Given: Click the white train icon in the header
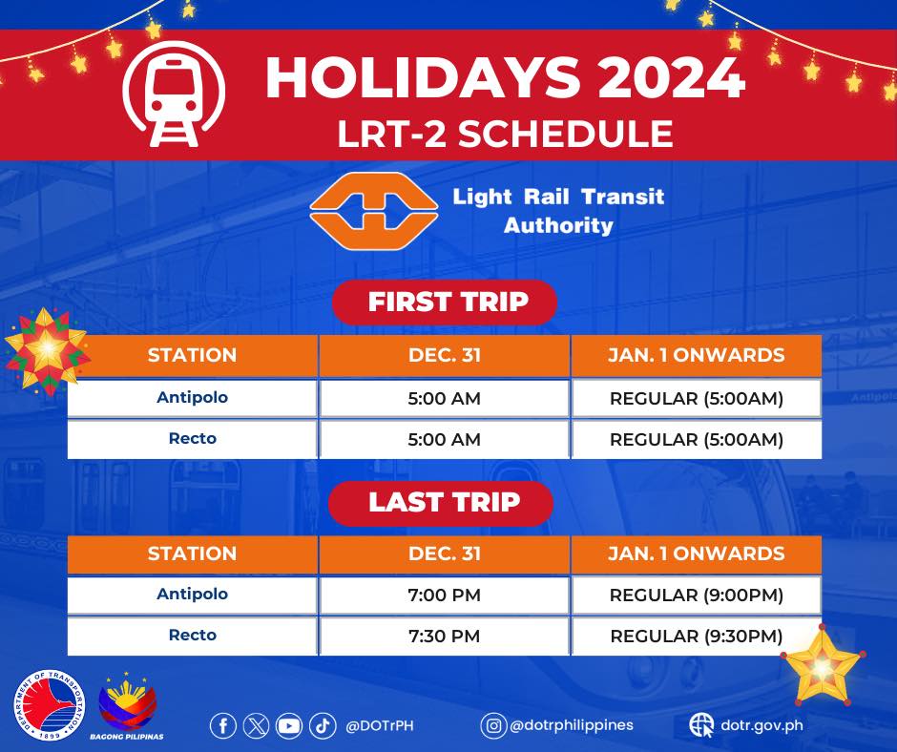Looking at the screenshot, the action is [x=174, y=94].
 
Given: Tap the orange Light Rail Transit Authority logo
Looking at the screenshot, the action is [x=374, y=211].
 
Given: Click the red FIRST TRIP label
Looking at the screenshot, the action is [x=445, y=303].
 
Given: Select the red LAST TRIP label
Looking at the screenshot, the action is [x=441, y=503].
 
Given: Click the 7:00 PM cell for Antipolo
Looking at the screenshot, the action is [x=445, y=595].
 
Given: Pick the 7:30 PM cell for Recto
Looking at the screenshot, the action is [x=445, y=636].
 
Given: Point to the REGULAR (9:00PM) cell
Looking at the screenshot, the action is [x=697, y=595].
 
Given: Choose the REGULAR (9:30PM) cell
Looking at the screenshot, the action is [x=697, y=636].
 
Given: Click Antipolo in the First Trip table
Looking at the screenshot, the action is [x=192, y=397].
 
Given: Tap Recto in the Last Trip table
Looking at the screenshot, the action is [x=192, y=636].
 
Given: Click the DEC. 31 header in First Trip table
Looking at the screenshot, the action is [x=445, y=355].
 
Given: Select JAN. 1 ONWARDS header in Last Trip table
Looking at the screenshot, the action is [x=697, y=554].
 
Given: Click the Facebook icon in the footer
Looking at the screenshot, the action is [x=223, y=726].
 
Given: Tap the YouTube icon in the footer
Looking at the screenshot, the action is [x=289, y=726].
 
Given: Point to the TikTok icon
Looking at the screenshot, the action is [x=323, y=726].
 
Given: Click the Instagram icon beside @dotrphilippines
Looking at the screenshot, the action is [x=493, y=725].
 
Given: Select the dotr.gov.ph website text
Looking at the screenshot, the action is [x=761, y=725].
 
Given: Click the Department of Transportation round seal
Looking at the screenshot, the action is [x=50, y=705].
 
